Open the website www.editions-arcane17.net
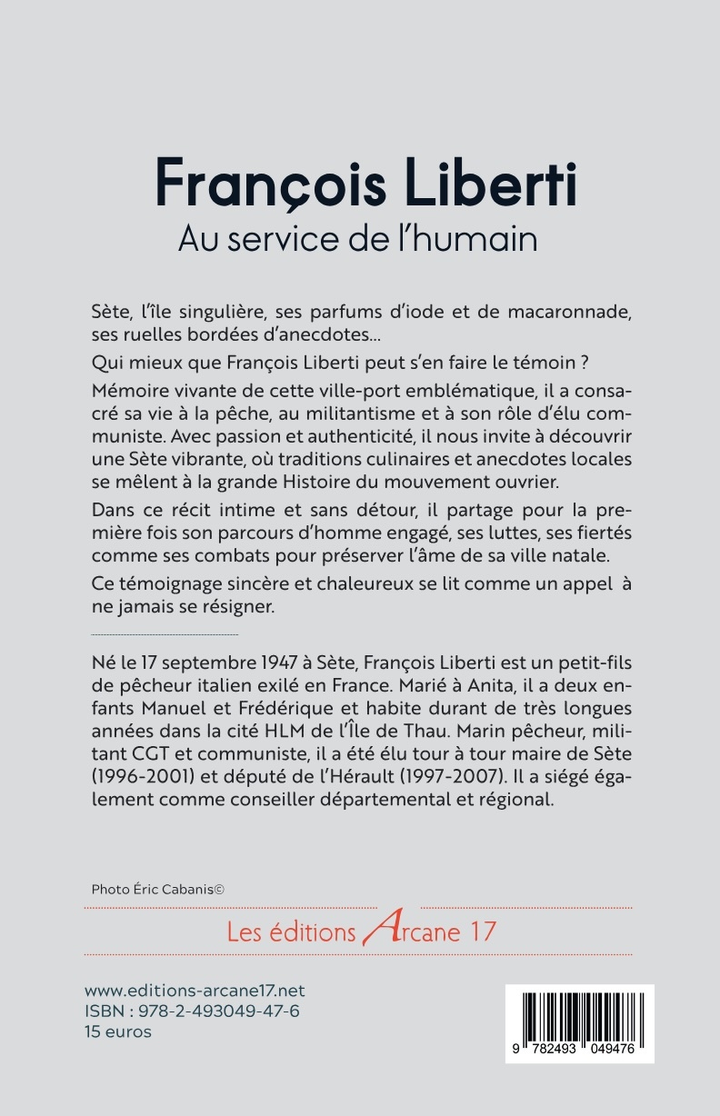[195, 991]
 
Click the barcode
[579, 1018]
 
